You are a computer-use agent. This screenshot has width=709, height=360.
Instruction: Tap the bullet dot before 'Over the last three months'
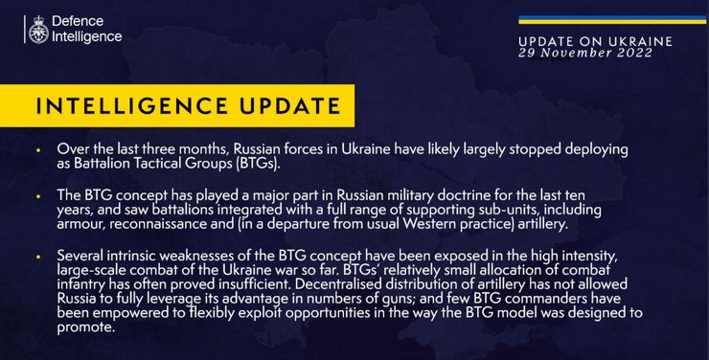37,151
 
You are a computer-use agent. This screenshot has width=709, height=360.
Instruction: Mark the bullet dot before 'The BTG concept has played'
37,195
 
